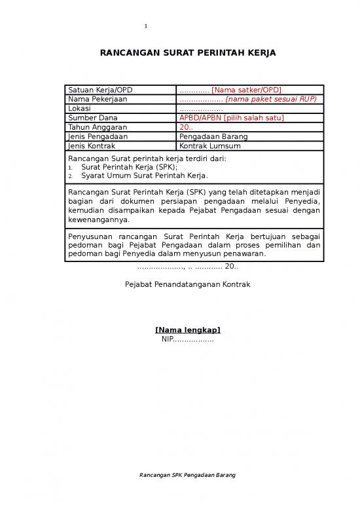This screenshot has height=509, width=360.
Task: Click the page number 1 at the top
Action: click(146, 26)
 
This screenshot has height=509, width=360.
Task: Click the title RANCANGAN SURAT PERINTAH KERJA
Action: click(187, 52)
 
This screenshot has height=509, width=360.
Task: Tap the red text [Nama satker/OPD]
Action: click(246, 90)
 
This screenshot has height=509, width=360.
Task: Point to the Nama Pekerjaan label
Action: click(98, 99)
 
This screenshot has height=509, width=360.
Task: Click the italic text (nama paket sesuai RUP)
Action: click(270, 99)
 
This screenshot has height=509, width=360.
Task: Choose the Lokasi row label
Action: click(79, 108)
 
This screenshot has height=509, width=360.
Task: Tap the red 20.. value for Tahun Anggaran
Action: click(186, 127)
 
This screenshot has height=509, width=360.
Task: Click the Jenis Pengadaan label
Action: click(98, 136)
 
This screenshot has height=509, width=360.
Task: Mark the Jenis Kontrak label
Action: click(91, 146)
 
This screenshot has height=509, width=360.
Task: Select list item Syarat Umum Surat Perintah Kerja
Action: click(144, 176)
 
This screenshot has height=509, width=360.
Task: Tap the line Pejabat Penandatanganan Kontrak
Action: click(187, 284)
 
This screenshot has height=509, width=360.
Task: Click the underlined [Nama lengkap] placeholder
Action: click(187, 330)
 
